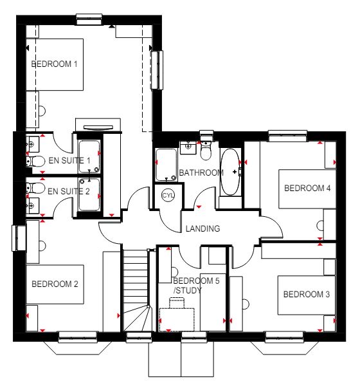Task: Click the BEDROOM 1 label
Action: click(54, 64)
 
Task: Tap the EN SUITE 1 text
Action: click(69, 161)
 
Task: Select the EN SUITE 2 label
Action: click(69, 191)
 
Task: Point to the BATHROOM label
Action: click(201, 172)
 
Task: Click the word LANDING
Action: click(203, 228)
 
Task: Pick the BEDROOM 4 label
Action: click(307, 189)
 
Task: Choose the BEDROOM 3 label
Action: click(307, 294)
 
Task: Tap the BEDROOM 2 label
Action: click(55, 284)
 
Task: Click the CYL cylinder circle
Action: click(168, 196)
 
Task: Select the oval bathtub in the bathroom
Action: click(230, 172)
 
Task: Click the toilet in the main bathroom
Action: click(206, 150)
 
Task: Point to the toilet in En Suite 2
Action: click(35, 188)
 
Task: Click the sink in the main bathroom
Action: click(188, 147)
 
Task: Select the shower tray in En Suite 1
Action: click(89, 156)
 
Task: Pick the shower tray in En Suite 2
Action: click(89, 195)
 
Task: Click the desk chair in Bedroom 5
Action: click(177, 302)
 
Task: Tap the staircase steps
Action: click(136, 290)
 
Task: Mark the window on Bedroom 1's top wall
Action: click(89, 19)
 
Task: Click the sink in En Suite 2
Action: click(33, 206)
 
